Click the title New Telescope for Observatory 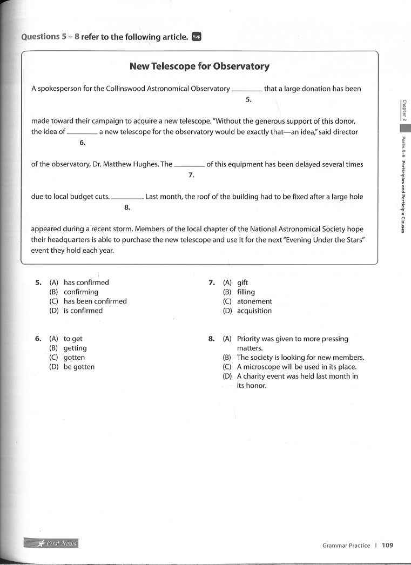coord(199,66)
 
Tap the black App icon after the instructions coord(196,36)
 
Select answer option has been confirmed coord(95,301)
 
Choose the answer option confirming coord(81,292)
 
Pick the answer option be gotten coord(79,367)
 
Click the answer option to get coord(73,339)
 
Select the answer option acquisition coord(254,311)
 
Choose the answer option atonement coord(254,301)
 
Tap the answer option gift coord(242,282)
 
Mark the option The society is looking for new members coord(300,358)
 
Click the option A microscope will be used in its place coord(297,367)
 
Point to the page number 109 coord(387,545)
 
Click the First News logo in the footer coord(51,543)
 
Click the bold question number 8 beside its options coord(211,339)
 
